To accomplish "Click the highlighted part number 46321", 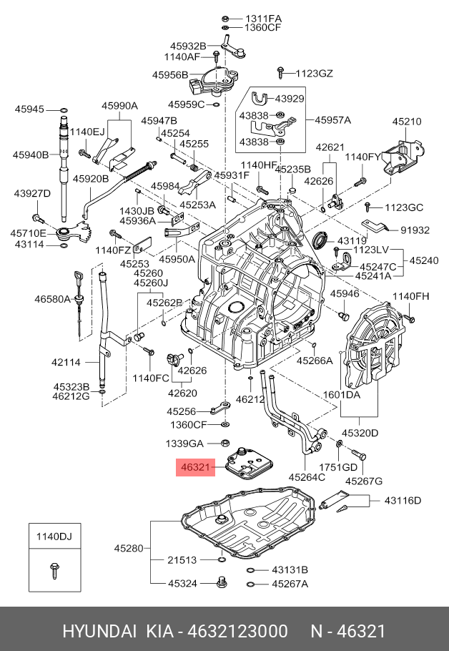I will coord(194,469).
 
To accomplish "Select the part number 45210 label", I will coord(408,122).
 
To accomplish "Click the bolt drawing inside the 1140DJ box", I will coord(54,569).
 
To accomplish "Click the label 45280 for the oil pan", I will coord(129,549).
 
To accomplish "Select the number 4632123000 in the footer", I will coord(237,632).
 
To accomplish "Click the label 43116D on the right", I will coord(403,500).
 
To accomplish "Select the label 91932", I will coord(415,230).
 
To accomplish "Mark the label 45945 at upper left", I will coord(30,109).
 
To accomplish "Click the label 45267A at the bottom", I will coord(289,584).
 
